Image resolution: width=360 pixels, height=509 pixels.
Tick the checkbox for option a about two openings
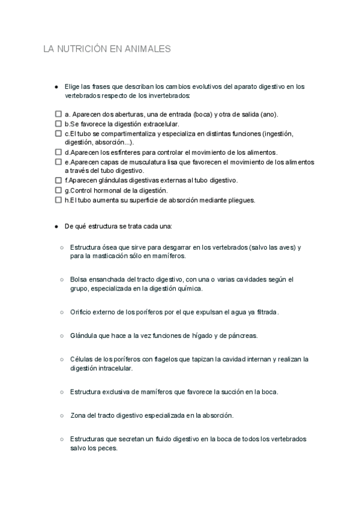point(58,114)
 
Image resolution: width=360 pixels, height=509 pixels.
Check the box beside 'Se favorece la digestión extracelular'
point(58,124)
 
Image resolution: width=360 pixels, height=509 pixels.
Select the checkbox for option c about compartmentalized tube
point(58,133)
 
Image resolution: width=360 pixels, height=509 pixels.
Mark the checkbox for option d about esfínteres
point(58,152)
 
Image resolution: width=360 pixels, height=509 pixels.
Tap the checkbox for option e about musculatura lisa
point(58,162)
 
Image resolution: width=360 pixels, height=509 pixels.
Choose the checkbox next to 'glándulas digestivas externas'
point(58,180)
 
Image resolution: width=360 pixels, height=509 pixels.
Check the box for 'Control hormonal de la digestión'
point(58,190)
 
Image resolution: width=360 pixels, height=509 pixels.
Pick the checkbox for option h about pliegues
point(58,200)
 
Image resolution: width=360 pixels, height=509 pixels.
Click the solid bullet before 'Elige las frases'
point(56,87)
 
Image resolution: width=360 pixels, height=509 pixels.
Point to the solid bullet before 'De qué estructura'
point(56,227)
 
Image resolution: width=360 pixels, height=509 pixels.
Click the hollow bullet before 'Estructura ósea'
point(62,247)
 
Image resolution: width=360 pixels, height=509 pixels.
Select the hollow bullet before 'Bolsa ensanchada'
point(62,280)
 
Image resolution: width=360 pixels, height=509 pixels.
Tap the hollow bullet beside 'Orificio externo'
point(62,313)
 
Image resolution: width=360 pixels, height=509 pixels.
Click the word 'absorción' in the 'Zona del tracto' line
point(214,415)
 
